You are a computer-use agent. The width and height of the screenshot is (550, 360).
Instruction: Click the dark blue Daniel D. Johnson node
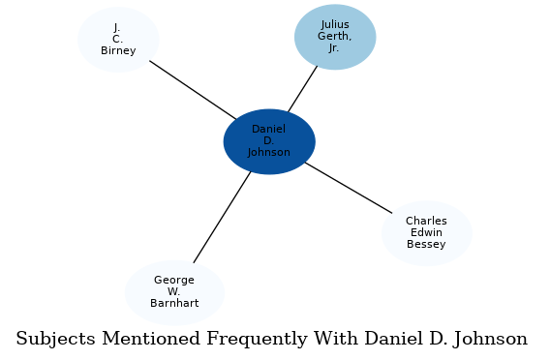pos(269,141)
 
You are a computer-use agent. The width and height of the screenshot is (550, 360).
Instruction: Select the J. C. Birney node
pos(118,40)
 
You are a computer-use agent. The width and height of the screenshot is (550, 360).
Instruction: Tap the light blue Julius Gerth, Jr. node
pos(335,37)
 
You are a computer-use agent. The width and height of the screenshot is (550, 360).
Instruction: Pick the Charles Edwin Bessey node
pos(426,233)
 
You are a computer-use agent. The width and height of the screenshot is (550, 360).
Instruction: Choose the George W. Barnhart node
pos(174,292)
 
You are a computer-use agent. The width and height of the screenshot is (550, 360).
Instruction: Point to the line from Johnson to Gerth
pos(302,89)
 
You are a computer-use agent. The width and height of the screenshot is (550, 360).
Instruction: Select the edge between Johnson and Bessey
pos(348,187)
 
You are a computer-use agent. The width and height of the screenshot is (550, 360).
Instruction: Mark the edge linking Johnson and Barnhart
pos(222,217)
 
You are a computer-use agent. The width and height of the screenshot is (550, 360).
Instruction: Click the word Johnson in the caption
pos(491,340)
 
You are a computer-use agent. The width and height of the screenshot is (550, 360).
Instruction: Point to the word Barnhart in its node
pos(174,304)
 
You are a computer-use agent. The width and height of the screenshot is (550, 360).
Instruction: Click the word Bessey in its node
pos(426,245)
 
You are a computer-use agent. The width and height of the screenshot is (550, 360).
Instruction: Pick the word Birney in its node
pos(118,51)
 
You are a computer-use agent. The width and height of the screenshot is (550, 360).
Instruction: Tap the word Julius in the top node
pos(335,25)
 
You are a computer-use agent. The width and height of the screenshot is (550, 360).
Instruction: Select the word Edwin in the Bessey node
pos(426,233)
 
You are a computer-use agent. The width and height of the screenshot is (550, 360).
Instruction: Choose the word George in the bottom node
pos(174,281)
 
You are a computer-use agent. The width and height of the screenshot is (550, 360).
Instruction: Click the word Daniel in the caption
pos(391,340)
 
